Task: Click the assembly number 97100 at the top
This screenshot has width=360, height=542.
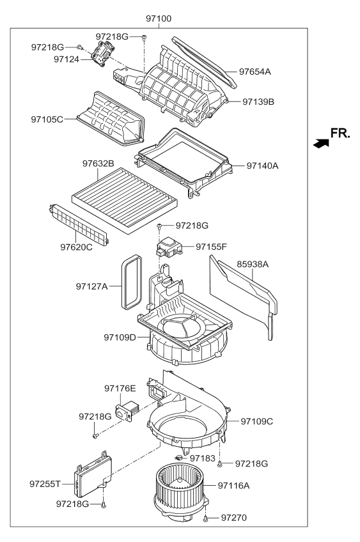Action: (x=158, y=19)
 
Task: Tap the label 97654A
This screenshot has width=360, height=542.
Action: (x=254, y=72)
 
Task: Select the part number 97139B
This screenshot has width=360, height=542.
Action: (x=258, y=101)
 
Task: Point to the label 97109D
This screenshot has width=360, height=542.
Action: (x=119, y=337)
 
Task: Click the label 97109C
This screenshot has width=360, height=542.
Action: (x=257, y=421)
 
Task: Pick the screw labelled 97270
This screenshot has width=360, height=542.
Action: (x=206, y=520)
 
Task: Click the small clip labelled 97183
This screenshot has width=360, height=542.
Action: (x=180, y=458)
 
